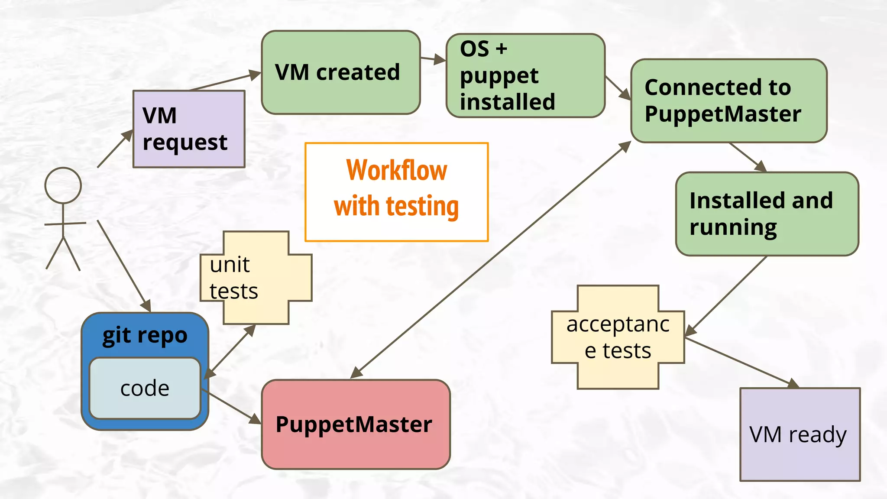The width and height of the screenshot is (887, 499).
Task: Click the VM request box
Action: coord(189,129)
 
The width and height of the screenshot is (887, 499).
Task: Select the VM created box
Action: coord(341,72)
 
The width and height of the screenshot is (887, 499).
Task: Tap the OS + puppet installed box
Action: coord(525,75)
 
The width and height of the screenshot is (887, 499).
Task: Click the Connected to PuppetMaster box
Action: coord(729,100)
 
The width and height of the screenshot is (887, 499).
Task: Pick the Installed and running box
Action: coord(767,214)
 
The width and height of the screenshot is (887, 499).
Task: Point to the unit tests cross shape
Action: coord(256,278)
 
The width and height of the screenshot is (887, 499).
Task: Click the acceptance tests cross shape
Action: coord(618,337)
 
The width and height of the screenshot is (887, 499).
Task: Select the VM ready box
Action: coord(800,434)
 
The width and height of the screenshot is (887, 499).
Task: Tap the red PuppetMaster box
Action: coord(356,424)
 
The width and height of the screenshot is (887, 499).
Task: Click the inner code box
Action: coord(145,388)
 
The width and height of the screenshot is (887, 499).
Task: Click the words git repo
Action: coord(145,335)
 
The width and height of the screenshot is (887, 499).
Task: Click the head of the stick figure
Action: coord(63,185)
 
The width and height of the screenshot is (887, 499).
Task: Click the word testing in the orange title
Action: coord(422,206)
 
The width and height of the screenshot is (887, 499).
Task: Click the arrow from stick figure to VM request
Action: coord(114,149)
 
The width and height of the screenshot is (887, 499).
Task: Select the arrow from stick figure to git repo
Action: coord(123,266)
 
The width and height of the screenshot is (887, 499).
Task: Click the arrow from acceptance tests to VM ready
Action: coord(741,362)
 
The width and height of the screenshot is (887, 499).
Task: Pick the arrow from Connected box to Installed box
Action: coord(748,157)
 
